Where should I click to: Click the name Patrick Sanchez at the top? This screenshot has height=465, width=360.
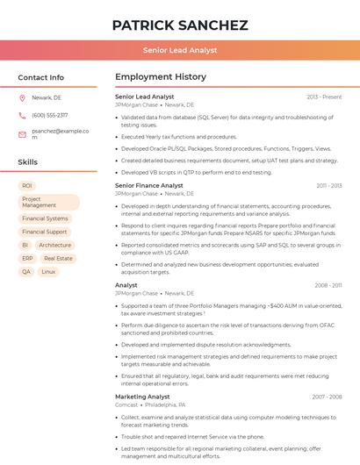click(180, 25)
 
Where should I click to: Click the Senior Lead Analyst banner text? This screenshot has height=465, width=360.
click(180, 51)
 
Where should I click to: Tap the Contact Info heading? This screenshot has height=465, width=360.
click(41, 77)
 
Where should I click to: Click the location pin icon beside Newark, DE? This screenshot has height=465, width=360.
click(22, 97)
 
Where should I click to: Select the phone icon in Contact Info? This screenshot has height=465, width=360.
click(22, 115)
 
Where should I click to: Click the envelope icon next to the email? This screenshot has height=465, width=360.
click(22, 134)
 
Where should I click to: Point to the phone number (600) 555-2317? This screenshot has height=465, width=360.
click(50, 115)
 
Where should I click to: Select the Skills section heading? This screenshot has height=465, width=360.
click(28, 162)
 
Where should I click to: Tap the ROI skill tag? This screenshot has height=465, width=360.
click(27, 186)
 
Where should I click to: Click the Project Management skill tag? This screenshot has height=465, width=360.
click(49, 203)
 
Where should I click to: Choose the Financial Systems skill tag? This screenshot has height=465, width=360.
click(45, 218)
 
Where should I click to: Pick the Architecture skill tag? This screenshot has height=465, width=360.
click(54, 245)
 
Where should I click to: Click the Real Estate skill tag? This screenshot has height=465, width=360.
click(58, 259)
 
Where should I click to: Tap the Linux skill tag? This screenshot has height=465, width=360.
click(48, 272)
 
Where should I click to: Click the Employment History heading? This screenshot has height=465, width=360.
click(161, 77)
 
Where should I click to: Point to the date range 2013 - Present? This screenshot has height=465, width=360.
click(324, 97)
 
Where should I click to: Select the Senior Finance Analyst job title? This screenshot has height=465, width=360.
click(149, 186)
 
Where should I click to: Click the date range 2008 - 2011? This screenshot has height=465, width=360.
click(328, 285)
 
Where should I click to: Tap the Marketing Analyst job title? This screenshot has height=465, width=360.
click(142, 397)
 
